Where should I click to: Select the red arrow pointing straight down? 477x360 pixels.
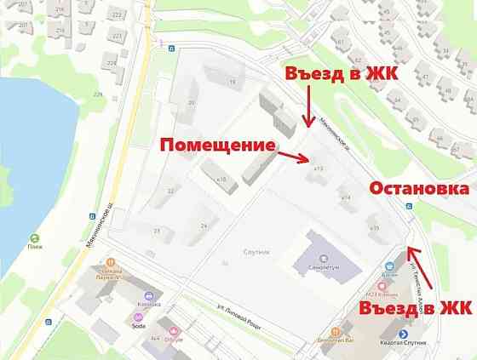pyautogui.click(x=306, y=106)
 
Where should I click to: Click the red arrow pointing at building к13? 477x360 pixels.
pyautogui.click(x=296, y=157)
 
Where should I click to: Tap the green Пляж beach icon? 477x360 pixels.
pyautogui.click(x=34, y=238)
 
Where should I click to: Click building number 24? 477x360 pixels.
pyautogui.click(x=204, y=226)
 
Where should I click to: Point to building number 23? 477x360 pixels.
pyautogui.click(x=157, y=231)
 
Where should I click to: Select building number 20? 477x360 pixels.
pyautogui.click(x=192, y=103)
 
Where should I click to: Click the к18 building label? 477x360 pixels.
pyautogui.click(x=221, y=180)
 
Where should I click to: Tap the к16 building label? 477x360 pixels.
pyautogui.click(x=373, y=227)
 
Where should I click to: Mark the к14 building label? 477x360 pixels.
pyautogui.click(x=346, y=197)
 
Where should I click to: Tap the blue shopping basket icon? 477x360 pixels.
pyautogui.click(x=389, y=265)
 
